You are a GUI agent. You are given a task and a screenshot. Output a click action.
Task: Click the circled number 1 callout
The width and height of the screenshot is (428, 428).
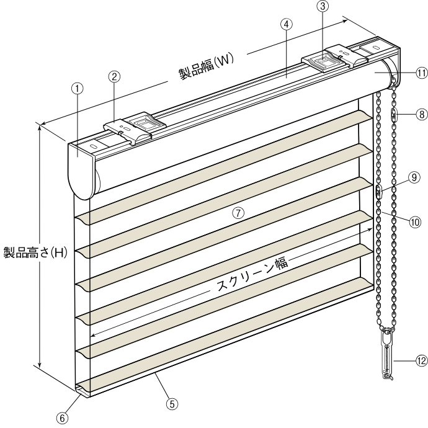pyautogui.click(x=78, y=89)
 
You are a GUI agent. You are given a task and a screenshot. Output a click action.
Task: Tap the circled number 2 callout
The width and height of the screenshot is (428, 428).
pyautogui.click(x=114, y=76)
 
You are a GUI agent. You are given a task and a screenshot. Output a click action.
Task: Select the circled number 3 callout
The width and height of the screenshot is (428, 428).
pyautogui.click(x=323, y=6)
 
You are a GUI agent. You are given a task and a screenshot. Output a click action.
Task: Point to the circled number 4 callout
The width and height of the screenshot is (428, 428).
pyautogui.click(x=287, y=25)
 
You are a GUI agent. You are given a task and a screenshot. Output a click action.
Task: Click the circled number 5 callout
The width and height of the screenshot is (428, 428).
pyautogui.click(x=172, y=404)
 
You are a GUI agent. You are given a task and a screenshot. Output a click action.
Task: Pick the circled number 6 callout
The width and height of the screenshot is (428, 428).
pyautogui.click(x=63, y=418)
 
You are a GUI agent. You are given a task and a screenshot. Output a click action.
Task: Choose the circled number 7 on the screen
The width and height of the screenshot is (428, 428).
pyautogui.click(x=238, y=213)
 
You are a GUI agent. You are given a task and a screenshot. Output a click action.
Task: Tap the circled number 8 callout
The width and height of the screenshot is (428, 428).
pyautogui.click(x=422, y=114)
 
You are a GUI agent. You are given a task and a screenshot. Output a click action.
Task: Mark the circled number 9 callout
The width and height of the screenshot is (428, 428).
pyautogui.click(x=414, y=177)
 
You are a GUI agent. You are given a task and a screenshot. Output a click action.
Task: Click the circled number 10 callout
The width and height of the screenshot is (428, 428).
pyautogui.click(x=415, y=222)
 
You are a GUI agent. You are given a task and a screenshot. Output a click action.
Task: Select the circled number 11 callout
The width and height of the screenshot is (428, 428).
pyautogui.click(x=422, y=73)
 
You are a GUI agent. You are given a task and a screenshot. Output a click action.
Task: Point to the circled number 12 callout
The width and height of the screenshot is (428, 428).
pyautogui.click(x=422, y=361)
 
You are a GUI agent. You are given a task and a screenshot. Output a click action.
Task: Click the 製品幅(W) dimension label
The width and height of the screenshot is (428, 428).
pyautogui.click(x=207, y=66)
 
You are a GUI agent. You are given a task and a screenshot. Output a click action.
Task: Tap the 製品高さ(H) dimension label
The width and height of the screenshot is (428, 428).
pyautogui.click(x=35, y=252)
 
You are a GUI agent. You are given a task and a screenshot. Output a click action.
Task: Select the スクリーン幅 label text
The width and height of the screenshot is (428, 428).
pyautogui.click(x=252, y=275)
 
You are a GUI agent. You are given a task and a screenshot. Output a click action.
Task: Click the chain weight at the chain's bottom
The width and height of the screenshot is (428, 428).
pyautogui.click(x=387, y=354)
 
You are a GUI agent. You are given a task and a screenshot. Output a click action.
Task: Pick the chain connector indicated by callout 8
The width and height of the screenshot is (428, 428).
pyautogui.click(x=394, y=115)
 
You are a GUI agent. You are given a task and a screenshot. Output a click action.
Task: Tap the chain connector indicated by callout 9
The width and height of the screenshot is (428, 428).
pyautogui.click(x=379, y=191)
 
